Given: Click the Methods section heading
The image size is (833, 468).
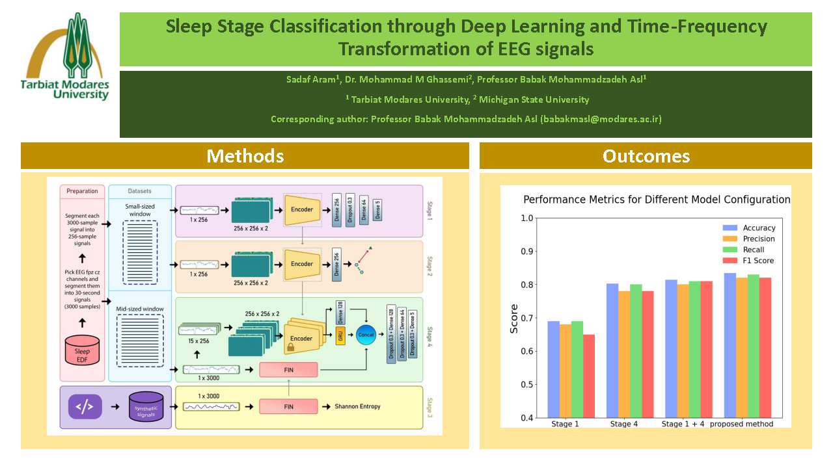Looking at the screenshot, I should [245, 156].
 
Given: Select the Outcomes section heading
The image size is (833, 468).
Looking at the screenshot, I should [646, 156].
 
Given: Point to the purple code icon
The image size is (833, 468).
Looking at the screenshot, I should [85, 408].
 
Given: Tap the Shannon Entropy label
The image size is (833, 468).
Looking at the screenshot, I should [357, 407].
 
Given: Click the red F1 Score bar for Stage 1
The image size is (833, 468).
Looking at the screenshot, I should [588, 376].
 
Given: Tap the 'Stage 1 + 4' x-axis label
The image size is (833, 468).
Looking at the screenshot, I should [683, 424].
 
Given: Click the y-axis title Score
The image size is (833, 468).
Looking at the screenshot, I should [514, 318].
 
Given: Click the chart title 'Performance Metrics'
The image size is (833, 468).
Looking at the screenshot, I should [657, 200].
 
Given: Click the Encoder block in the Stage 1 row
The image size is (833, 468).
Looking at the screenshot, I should [301, 209].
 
